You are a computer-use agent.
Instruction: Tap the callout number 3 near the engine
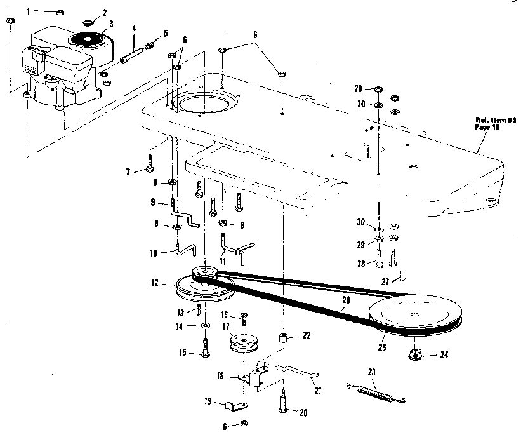pos(111,23)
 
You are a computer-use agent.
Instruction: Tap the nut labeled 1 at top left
pos(58,12)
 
